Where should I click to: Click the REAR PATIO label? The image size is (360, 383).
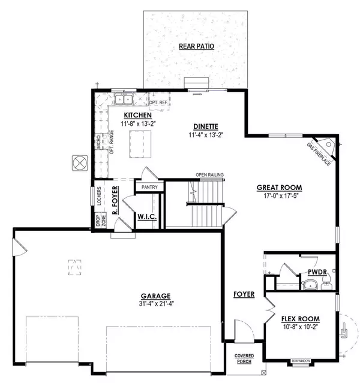tap(196, 46)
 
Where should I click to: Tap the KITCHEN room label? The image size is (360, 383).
tap(137, 114)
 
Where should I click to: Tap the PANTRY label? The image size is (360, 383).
tap(149, 187)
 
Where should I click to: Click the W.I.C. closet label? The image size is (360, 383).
tap(148, 216)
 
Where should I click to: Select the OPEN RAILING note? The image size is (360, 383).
tap(210, 175)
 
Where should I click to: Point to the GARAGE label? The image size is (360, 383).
tap(157, 295)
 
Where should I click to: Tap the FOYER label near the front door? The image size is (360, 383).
tap(244, 294)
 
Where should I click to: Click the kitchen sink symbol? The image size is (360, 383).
tap(125, 99)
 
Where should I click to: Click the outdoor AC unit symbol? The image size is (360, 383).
tap(80, 162)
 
